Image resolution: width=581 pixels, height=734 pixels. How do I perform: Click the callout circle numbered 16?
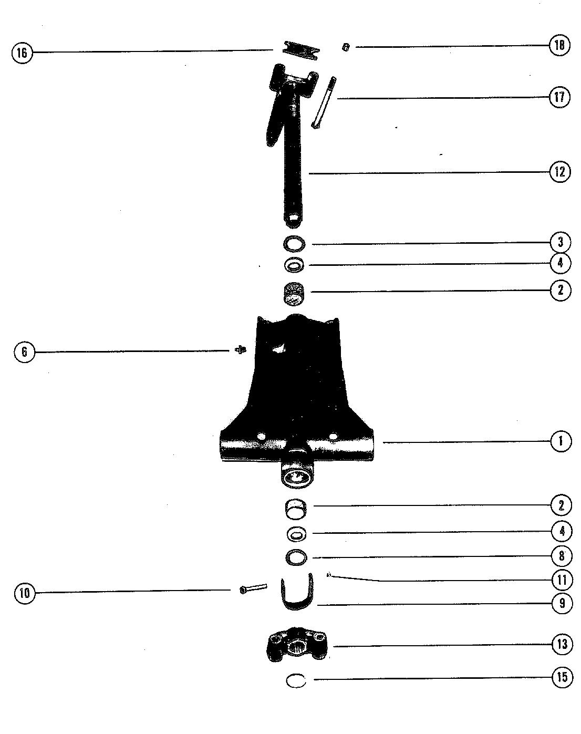(22, 53)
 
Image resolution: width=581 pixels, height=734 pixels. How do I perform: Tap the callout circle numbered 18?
(559, 45)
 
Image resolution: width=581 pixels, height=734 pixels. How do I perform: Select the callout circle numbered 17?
(559, 97)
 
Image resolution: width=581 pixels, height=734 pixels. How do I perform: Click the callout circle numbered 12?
(559, 172)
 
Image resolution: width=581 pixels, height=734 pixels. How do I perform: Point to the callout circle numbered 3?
(561, 242)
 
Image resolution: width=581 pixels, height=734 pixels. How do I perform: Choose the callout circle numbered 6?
(24, 352)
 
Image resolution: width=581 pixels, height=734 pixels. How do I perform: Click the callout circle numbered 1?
(561, 441)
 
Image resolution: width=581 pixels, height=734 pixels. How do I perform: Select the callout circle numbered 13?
(562, 644)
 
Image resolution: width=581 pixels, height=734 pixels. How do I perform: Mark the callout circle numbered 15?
(562, 677)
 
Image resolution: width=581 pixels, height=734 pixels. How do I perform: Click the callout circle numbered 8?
(562, 555)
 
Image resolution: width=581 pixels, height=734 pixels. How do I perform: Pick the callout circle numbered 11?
(562, 580)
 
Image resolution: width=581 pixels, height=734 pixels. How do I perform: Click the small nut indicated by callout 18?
(345, 47)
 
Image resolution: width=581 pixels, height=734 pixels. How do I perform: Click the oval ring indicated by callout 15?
(296, 681)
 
